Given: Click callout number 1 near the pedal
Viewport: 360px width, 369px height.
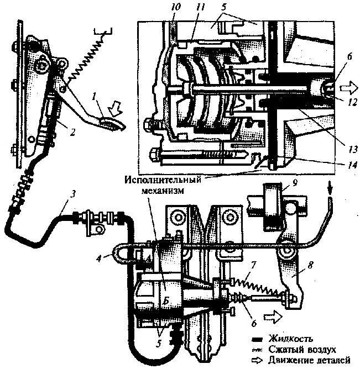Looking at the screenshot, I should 95,97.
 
